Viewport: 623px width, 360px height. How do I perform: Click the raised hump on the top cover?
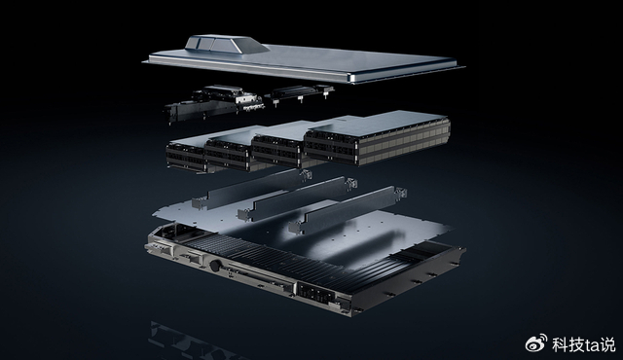[x=226, y=45]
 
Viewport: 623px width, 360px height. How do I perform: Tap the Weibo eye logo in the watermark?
[x=536, y=342]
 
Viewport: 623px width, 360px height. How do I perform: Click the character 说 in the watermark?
[x=607, y=344]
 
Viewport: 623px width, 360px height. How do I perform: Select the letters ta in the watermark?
[x=591, y=345]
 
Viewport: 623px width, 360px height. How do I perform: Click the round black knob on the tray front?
[x=215, y=266]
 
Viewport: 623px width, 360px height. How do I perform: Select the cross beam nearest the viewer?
[x=348, y=208]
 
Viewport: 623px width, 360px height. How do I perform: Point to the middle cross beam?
[x=297, y=198]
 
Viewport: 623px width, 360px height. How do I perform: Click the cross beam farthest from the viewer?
[x=251, y=188]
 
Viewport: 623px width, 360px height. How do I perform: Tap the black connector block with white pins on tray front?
[x=315, y=292]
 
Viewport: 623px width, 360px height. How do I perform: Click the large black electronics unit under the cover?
[x=214, y=102]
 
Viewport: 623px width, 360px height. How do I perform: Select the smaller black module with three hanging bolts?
[x=299, y=92]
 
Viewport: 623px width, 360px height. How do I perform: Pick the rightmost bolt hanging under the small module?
[x=326, y=94]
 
